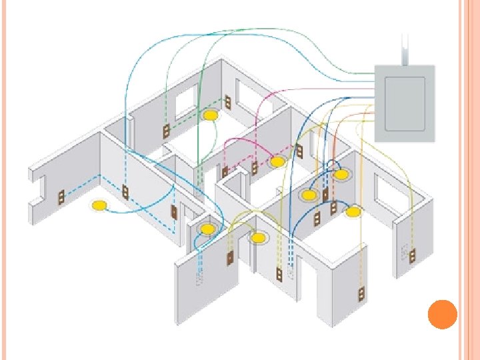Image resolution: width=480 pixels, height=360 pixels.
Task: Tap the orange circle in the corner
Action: point(441,314)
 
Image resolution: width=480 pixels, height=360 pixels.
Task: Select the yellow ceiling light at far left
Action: point(99,205)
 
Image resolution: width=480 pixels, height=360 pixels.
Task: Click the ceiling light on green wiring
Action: point(211,116)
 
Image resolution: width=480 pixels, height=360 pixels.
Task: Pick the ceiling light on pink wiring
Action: point(277,161)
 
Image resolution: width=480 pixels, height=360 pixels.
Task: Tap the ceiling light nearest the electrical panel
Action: point(341,175)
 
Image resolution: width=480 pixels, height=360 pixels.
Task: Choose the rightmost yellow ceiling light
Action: point(353,212)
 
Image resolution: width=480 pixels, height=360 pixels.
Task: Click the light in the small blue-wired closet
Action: point(207,230)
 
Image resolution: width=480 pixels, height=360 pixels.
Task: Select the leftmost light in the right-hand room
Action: point(309,195)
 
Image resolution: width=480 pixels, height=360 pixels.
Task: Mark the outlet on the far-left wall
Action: point(61,197)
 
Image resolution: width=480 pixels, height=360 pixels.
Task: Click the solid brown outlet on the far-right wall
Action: point(413,254)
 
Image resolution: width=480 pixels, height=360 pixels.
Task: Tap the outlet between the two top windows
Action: point(228,103)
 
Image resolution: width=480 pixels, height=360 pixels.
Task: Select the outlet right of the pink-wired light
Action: point(299,151)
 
